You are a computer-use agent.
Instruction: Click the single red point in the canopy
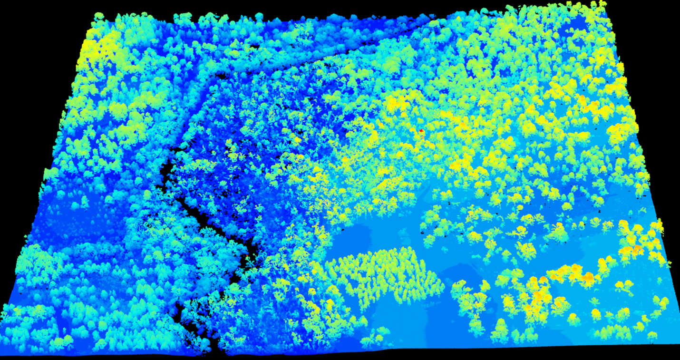point(421,130)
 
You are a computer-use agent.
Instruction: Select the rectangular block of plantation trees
point(385,276)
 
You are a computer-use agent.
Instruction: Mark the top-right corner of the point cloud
point(605,4)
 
